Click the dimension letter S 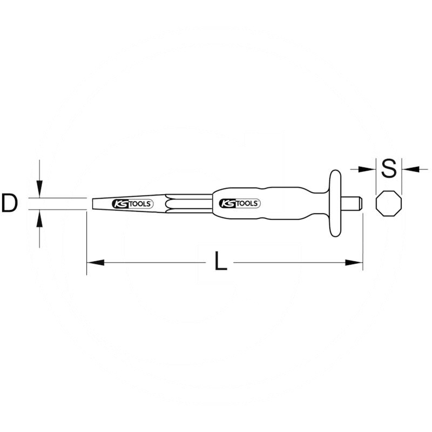click(x=389, y=168)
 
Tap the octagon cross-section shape click(x=389, y=204)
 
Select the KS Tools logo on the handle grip click(x=240, y=204)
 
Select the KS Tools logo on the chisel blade click(x=132, y=204)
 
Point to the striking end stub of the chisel click(x=355, y=204)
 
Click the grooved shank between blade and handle click(x=189, y=204)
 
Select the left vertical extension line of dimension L click(x=86, y=243)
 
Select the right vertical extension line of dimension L click(x=363, y=243)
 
